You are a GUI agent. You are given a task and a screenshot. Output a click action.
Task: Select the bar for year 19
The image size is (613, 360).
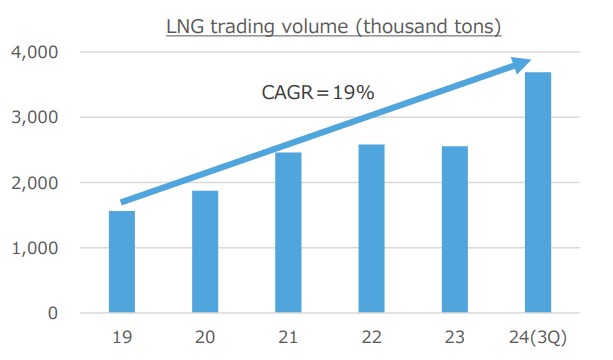(x=121, y=262)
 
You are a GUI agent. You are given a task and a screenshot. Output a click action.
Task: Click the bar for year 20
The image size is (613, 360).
(x=205, y=252)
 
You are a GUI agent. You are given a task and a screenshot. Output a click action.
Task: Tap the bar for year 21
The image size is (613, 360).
(x=289, y=233)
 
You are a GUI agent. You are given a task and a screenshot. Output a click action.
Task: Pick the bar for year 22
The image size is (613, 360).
(x=372, y=229)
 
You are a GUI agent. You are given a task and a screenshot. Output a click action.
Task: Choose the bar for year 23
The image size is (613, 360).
(x=455, y=230)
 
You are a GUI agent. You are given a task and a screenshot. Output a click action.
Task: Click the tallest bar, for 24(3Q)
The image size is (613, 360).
(x=538, y=192)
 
